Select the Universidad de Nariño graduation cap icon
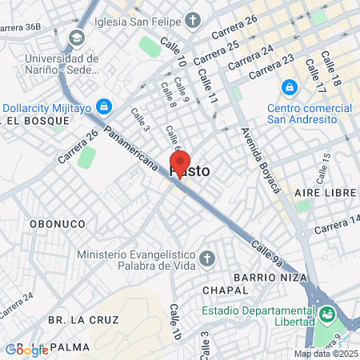(77, 38)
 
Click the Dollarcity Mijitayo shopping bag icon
(103, 106)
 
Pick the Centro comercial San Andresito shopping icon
(289, 86)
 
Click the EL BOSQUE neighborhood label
(34, 121)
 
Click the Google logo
(26, 349)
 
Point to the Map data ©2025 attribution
(326, 354)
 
